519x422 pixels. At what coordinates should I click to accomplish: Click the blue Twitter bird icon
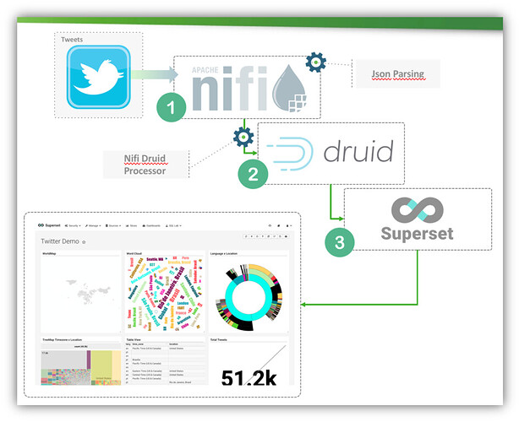tap(98, 78)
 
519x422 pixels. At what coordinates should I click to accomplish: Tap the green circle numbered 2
tap(253, 173)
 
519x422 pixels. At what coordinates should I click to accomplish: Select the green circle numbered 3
tap(340, 242)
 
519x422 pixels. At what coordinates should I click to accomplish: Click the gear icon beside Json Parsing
tap(315, 61)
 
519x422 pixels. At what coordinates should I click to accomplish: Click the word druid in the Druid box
tap(358, 153)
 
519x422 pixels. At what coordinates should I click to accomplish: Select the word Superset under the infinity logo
tap(417, 232)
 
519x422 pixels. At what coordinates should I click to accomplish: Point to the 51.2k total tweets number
tap(249, 376)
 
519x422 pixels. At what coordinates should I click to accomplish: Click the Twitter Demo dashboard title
tap(63, 241)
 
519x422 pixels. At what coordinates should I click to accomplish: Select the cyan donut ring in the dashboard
tap(249, 292)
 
